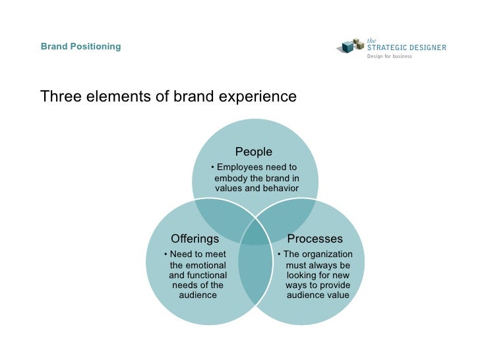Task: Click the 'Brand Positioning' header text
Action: [x=80, y=47]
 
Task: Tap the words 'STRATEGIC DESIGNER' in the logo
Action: [x=406, y=47]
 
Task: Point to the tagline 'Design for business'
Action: [x=389, y=57]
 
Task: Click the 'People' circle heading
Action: [x=254, y=152]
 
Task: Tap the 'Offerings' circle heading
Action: [x=195, y=239]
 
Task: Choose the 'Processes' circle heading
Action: [x=315, y=239]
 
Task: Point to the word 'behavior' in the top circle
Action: [x=280, y=189]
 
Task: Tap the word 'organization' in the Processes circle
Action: [x=327, y=255]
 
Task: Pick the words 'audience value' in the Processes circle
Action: [x=318, y=295]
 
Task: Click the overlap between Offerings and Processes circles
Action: [x=255, y=270]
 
